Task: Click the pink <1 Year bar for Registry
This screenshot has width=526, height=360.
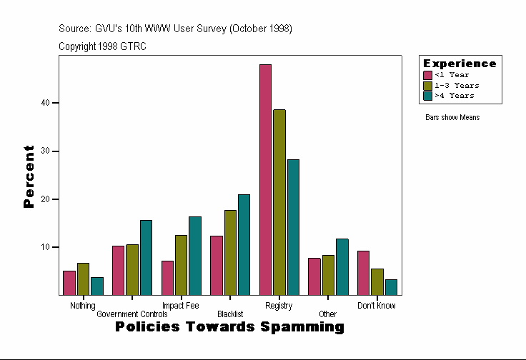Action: pyautogui.click(x=265, y=179)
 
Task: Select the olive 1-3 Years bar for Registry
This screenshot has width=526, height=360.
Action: pyautogui.click(x=279, y=202)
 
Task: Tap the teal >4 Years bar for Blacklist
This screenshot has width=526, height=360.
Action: pyautogui.click(x=244, y=244)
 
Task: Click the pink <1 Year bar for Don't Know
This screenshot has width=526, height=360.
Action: pyautogui.click(x=363, y=273)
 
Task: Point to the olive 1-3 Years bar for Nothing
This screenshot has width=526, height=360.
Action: pyautogui.click(x=83, y=279)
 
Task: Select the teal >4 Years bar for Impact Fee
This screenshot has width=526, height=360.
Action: pyautogui.click(x=195, y=255)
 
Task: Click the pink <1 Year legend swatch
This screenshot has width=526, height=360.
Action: pyautogui.click(x=428, y=75)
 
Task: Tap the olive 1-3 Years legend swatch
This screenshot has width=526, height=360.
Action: pyautogui.click(x=428, y=85)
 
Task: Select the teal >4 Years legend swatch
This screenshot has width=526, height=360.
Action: pyautogui.click(x=428, y=95)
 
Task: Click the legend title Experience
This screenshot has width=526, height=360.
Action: pyautogui.click(x=460, y=64)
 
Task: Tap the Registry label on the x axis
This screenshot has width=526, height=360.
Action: pyautogui.click(x=279, y=306)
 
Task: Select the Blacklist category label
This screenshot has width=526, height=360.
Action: pyautogui.click(x=230, y=314)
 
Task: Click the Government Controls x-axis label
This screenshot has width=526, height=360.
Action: pyautogui.click(x=132, y=314)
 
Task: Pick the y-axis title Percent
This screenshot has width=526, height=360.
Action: pyautogui.click(x=29, y=176)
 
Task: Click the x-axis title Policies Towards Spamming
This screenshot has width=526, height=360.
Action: pyautogui.click(x=229, y=327)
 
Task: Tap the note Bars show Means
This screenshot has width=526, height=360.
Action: pyautogui.click(x=452, y=117)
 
